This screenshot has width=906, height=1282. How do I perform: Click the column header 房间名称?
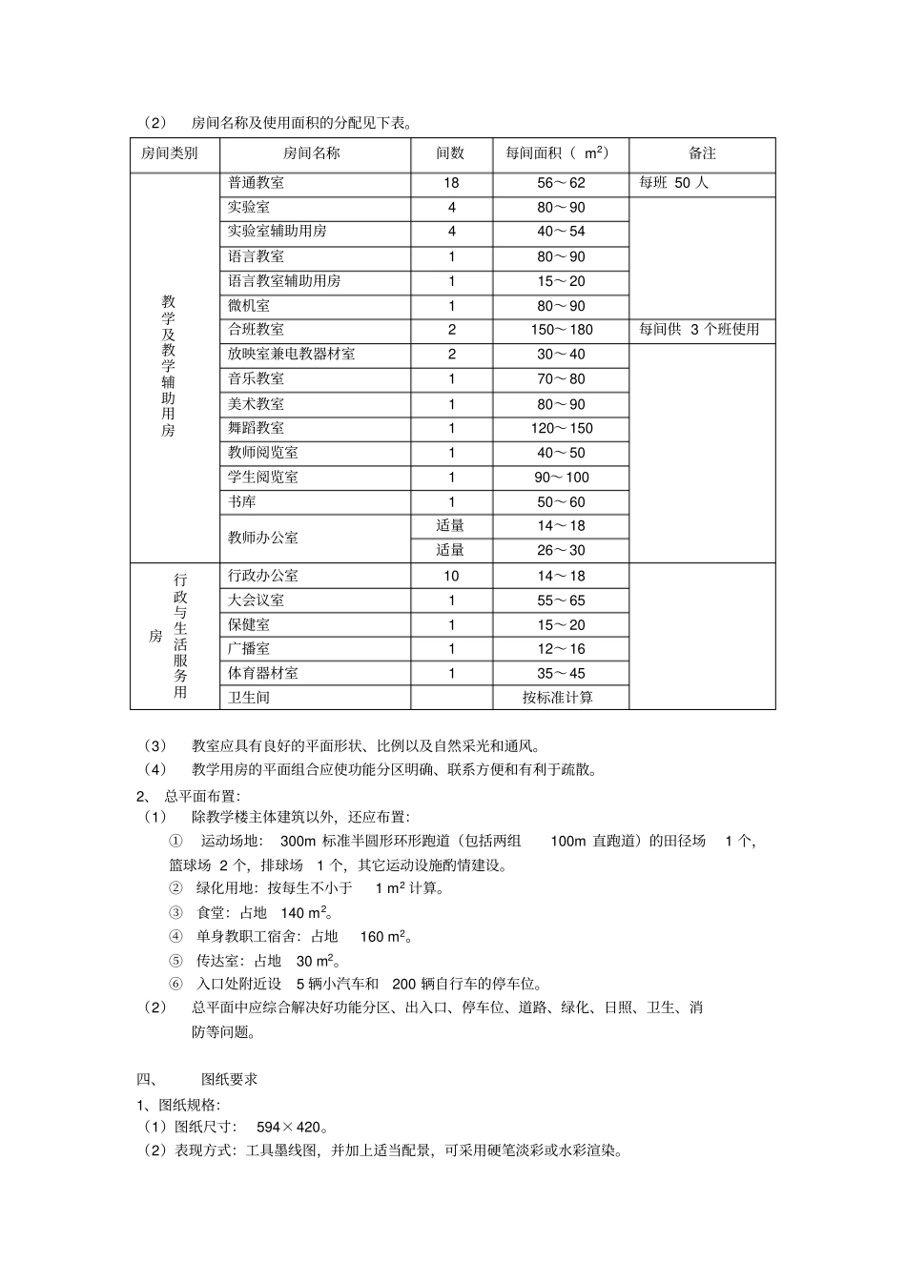coord(311,153)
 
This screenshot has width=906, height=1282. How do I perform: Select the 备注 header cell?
coord(702,153)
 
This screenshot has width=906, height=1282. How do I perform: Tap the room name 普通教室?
coord(256,183)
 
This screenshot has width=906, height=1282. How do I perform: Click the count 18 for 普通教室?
coord(451,183)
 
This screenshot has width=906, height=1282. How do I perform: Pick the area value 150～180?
coord(561,330)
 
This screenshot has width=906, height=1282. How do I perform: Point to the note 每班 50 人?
coord(673,183)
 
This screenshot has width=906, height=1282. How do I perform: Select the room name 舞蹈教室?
coord(256,428)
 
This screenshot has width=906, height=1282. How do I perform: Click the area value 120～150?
coord(561,428)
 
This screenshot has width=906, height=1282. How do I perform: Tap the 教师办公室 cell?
coord(262,538)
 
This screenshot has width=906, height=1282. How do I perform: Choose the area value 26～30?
coord(561,550)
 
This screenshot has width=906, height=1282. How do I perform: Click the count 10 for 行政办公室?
coord(451,576)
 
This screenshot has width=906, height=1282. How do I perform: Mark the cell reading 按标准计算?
coord(557,698)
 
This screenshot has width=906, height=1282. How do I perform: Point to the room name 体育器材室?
coord(262,673)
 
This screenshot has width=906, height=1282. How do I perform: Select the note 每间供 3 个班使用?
coord(699,330)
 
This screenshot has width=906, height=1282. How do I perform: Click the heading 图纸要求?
coord(229,1079)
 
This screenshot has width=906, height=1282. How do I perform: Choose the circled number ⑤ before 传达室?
coord(175,961)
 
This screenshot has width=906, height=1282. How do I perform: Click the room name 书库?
coord(242,501)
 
